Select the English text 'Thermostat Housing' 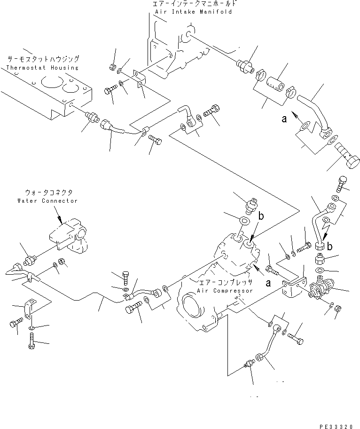tap(42, 68)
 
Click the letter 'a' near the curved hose tap(283, 119)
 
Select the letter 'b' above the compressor tap(261, 217)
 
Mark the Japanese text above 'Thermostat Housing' tap(43, 60)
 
